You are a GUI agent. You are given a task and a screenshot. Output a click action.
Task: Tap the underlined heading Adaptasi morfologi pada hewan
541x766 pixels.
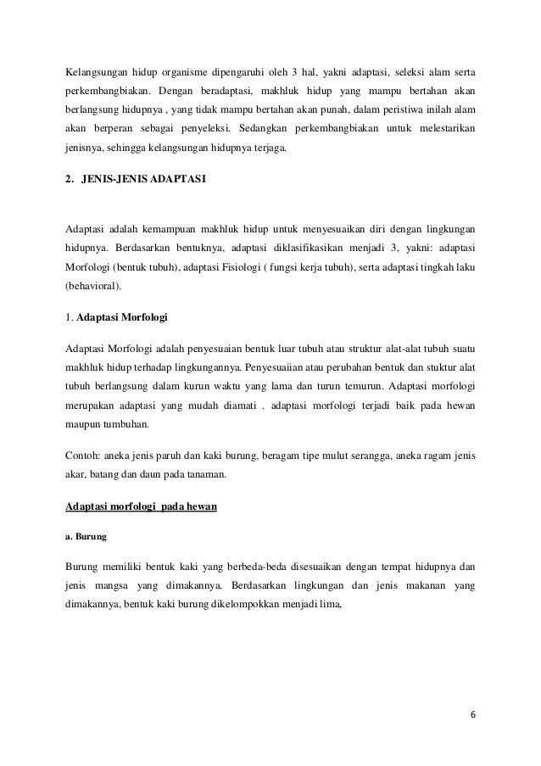(x=142, y=484)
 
